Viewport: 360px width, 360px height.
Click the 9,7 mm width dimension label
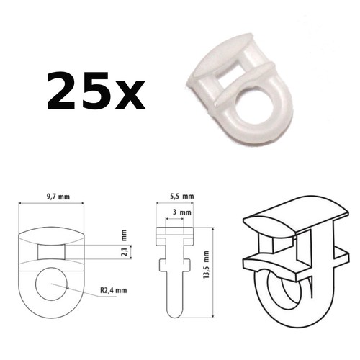pyautogui.click(x=58, y=197)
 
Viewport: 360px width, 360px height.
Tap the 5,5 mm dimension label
pyautogui.click(x=182, y=197)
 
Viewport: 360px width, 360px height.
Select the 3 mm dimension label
pyautogui.click(x=182, y=212)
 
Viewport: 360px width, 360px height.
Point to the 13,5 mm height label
pyautogui.click(x=206, y=265)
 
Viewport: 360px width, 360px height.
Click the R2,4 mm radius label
pyautogui.click(x=114, y=290)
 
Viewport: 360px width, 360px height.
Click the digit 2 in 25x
pyautogui.click(x=63, y=91)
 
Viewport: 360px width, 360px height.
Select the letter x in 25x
pyautogui.click(x=129, y=95)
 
